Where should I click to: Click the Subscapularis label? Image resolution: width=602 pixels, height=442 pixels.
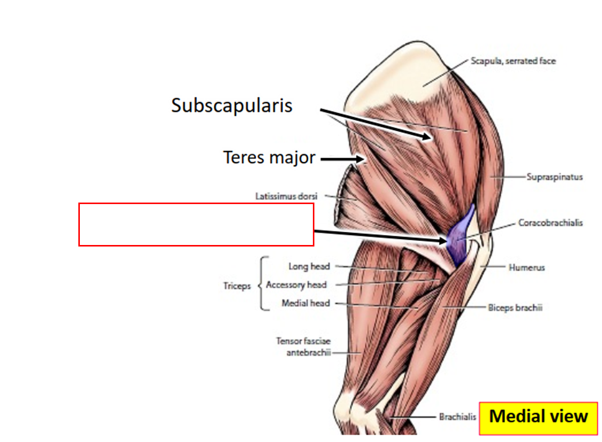(x=231, y=106)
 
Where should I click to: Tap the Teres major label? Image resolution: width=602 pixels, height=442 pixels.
(x=269, y=158)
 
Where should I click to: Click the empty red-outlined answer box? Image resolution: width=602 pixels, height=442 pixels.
(x=196, y=225)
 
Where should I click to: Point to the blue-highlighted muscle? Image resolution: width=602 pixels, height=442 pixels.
(x=458, y=235)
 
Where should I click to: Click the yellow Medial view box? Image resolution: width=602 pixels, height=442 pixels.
(x=538, y=417)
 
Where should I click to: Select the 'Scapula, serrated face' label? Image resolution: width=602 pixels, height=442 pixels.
(x=513, y=61)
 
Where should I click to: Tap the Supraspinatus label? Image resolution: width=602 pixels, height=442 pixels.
(x=554, y=177)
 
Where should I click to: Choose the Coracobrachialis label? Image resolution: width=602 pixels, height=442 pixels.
(x=550, y=222)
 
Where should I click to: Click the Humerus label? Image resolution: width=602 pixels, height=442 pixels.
(x=527, y=267)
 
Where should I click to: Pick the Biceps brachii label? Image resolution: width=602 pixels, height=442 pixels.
(x=515, y=307)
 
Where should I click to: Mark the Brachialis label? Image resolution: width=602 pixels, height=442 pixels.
(x=457, y=417)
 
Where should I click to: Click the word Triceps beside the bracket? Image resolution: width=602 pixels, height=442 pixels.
(x=237, y=286)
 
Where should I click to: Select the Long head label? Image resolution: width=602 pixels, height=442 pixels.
(x=309, y=266)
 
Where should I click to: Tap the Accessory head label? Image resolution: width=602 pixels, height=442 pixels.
(x=296, y=285)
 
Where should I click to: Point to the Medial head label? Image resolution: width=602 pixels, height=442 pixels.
(x=305, y=303)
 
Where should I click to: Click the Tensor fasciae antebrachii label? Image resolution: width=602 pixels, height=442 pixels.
(x=303, y=347)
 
